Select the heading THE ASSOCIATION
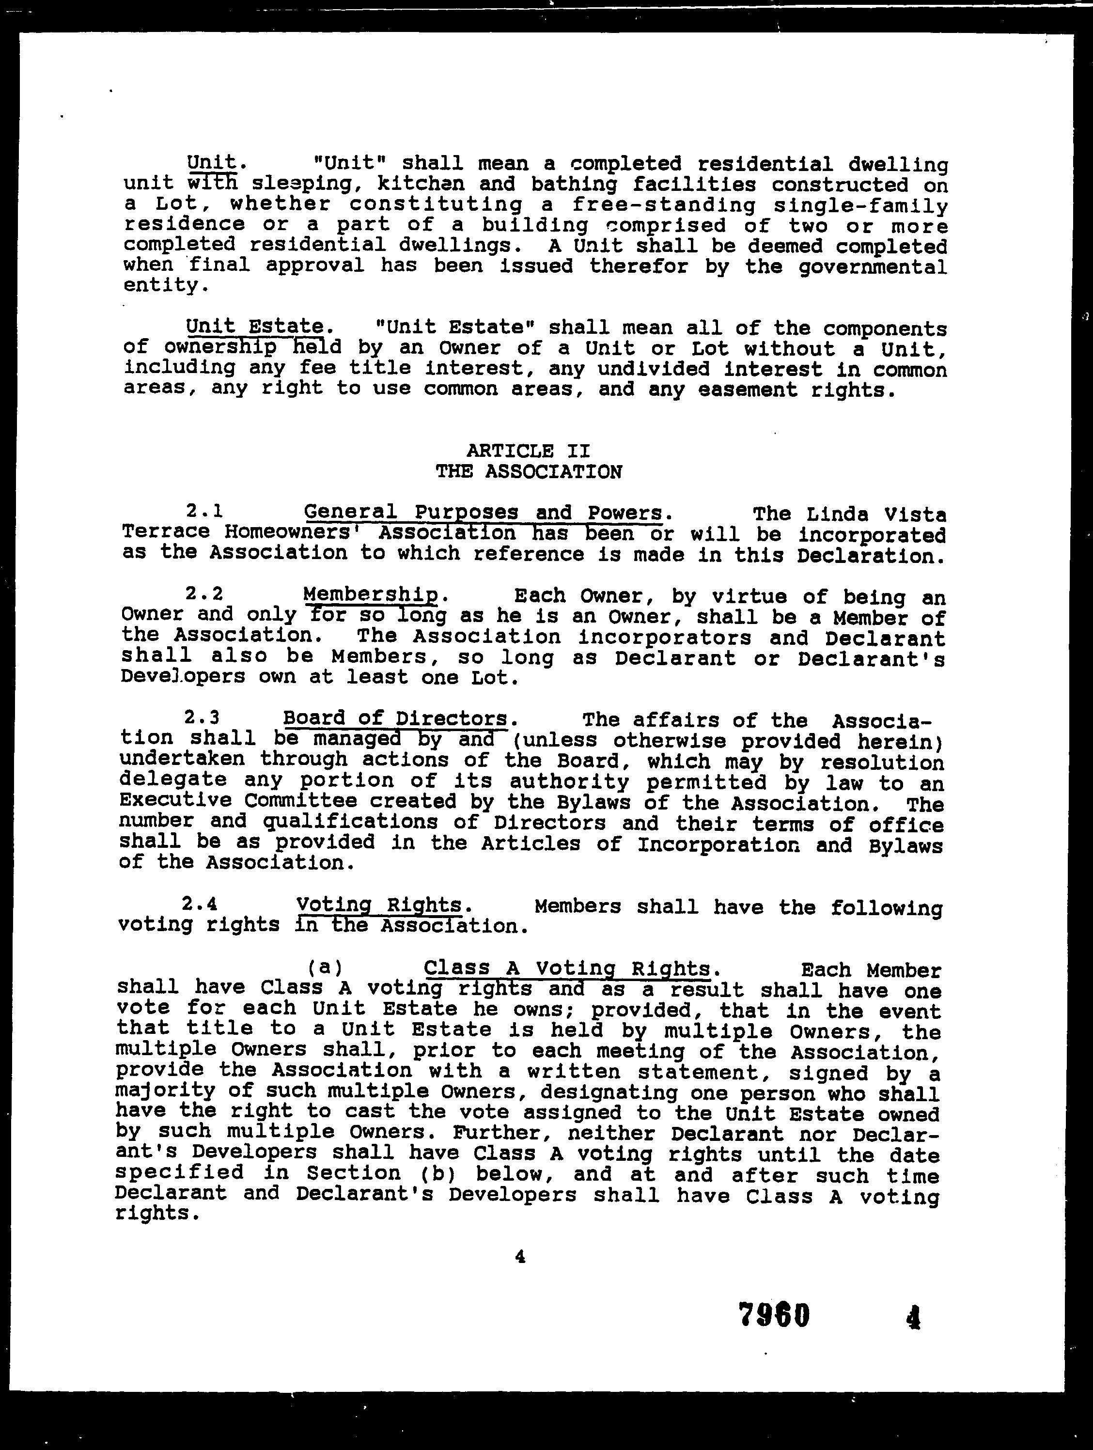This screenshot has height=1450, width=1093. click(529, 472)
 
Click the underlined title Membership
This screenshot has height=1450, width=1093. click(371, 594)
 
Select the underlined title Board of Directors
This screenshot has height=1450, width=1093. click(395, 719)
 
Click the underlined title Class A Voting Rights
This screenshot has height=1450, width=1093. click(567, 967)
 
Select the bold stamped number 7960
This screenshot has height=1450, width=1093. click(774, 1315)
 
